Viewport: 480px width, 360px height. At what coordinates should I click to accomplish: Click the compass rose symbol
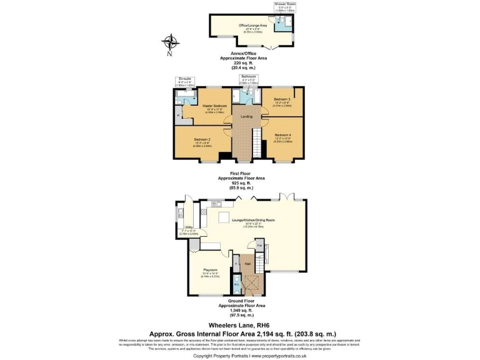pos(169,44)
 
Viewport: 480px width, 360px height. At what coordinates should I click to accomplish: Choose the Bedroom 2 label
pos(202,141)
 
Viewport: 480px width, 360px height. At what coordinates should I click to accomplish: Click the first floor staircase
pos(256,144)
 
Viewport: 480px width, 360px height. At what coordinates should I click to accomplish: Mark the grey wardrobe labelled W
pos(178,116)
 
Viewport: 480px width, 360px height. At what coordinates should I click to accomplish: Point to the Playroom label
pos(210,270)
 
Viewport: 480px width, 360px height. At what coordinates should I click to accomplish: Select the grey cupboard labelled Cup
pos(259,246)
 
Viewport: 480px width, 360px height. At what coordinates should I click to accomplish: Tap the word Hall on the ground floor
pos(247,265)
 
